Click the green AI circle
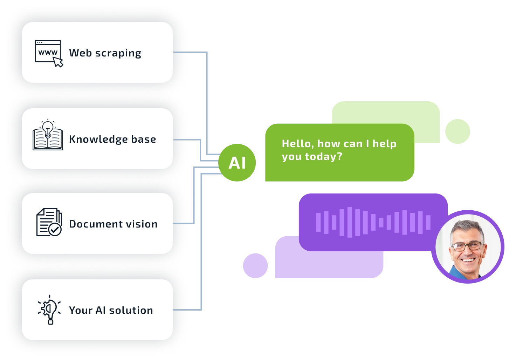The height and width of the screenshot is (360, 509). tap(237, 163)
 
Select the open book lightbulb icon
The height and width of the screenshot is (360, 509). tap(48, 136)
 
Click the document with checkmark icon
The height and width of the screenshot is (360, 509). tap(49, 223)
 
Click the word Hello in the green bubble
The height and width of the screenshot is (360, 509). tap(296, 144)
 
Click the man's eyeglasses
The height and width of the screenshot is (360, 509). tap(467, 246)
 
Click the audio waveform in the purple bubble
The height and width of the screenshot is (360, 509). tap(373, 222)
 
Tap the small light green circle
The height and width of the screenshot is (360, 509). tap(457, 132)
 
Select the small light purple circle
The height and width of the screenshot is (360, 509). tap(255, 266)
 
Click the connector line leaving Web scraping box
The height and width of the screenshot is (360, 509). tap(191, 52)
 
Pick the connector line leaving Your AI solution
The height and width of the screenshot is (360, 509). tap(189, 310)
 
